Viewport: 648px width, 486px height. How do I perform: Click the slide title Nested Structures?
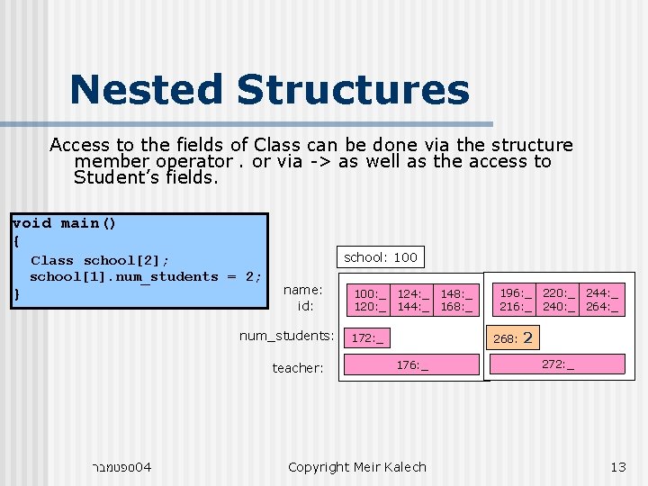pos(269,90)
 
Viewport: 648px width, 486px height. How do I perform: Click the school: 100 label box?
pos(381,257)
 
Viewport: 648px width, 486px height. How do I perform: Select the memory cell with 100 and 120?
pos(370,300)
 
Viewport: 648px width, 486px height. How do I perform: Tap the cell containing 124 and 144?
pos(414,300)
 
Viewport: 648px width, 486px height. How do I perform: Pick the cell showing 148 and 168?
pos(456,300)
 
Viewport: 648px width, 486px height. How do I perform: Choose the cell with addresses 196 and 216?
pos(517,300)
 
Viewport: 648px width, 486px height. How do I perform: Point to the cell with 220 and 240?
pos(560,300)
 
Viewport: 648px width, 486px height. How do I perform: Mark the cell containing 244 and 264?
pos(602,300)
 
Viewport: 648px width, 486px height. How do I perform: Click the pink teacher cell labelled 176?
pos(412,364)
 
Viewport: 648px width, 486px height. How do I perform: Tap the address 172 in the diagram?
pos(366,338)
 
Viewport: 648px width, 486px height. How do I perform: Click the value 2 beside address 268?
pos(527,338)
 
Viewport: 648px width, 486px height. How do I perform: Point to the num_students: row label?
pos(286,336)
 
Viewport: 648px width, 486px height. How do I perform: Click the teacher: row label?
pos(297,368)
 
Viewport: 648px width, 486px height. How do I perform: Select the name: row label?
pos(302,290)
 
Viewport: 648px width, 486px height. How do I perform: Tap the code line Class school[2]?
pos(100,260)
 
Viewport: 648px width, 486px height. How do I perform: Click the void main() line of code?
pos(65,223)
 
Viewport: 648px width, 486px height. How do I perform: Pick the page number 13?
pos(617,466)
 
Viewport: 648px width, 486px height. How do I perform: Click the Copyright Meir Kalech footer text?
pos(356,466)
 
